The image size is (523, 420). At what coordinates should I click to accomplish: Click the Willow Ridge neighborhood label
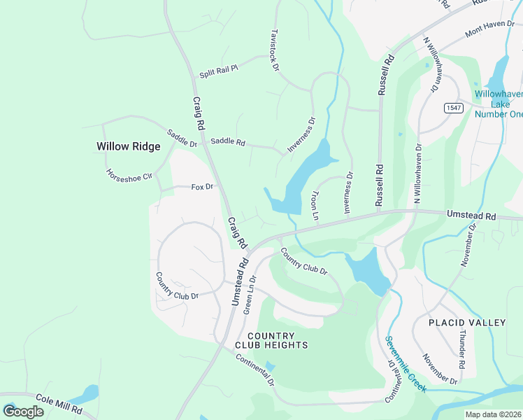128,146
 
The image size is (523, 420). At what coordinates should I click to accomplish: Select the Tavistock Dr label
274,51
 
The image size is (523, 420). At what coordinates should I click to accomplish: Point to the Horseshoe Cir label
129,175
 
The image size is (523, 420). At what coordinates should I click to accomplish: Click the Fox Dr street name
201,187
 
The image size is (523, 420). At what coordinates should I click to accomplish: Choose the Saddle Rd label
228,142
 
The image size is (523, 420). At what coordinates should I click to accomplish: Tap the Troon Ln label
315,206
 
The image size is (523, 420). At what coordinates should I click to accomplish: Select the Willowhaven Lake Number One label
498,104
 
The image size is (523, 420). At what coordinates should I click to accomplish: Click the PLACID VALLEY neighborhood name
468,323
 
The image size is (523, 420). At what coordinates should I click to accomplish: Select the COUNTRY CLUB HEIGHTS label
276,340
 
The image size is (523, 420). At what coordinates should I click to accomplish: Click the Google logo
23,411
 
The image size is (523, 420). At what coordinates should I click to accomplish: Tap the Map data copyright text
492,414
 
